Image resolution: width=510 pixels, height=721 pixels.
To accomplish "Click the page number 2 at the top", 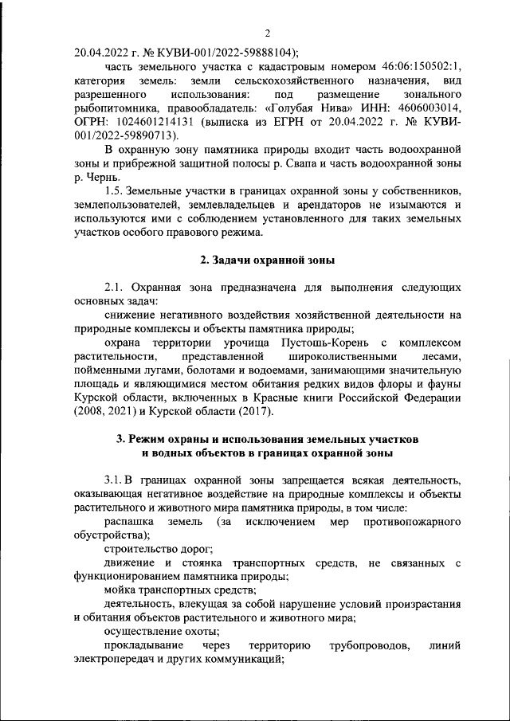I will click(268, 33).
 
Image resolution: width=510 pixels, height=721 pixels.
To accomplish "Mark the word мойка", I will click(120, 590).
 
